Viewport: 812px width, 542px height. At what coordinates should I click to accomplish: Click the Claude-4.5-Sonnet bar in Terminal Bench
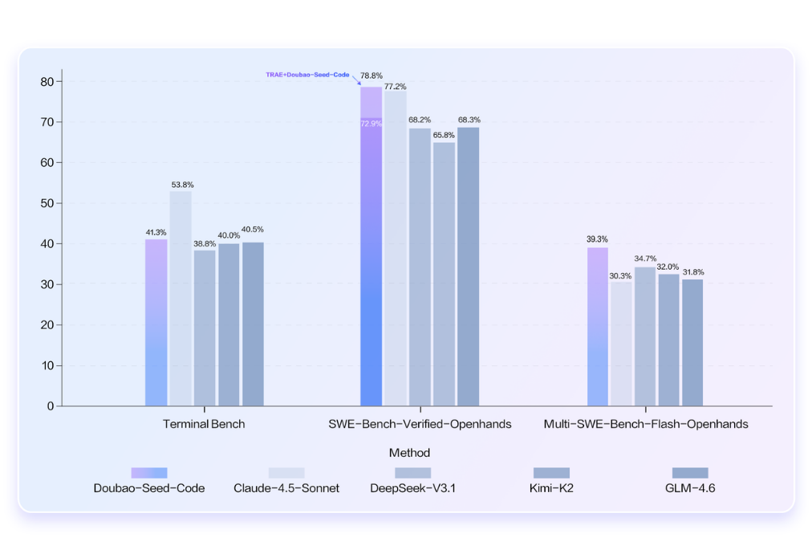[x=181, y=298]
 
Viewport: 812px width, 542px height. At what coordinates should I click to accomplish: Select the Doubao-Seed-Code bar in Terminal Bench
[x=156, y=322]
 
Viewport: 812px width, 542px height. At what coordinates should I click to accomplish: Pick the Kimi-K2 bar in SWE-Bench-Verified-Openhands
[x=444, y=274]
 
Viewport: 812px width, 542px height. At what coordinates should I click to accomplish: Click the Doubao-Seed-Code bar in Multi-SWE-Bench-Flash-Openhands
[x=598, y=326]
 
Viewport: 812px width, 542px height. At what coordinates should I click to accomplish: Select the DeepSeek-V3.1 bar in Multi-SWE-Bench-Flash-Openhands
[x=645, y=336]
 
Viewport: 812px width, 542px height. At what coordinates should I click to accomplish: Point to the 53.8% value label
[x=182, y=185]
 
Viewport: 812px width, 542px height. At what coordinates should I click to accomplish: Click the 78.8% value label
[x=371, y=76]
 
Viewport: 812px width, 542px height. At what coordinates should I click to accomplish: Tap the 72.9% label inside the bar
[x=371, y=124]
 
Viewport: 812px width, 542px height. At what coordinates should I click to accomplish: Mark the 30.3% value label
[x=620, y=276]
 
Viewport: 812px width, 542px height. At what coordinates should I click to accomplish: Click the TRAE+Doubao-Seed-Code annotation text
[x=307, y=75]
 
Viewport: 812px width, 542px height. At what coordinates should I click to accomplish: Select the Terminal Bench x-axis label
[x=204, y=424]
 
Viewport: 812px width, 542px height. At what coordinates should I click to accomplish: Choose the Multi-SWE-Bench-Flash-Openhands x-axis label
[x=646, y=424]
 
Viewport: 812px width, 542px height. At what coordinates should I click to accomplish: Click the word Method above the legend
[x=409, y=453]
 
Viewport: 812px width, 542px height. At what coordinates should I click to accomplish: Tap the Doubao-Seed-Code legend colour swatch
[x=149, y=473]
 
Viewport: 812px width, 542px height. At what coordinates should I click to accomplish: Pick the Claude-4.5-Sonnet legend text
[x=286, y=488]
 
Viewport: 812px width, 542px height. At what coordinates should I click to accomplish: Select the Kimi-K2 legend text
[x=551, y=488]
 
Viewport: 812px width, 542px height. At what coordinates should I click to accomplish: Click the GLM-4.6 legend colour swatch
[x=690, y=473]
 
